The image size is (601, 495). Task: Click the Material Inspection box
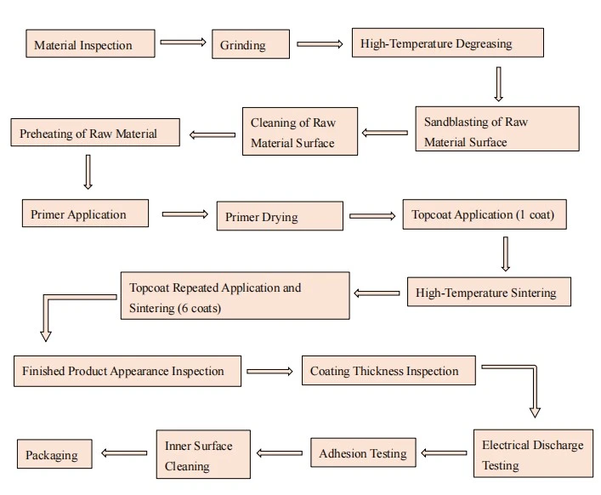click(x=90, y=43)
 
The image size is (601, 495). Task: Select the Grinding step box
click(x=251, y=43)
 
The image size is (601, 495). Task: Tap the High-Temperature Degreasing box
click(x=448, y=43)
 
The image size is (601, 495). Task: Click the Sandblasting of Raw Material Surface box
click(x=497, y=128)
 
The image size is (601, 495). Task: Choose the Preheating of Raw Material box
click(x=95, y=133)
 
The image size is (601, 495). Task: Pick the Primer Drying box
click(x=280, y=216)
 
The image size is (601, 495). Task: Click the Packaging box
click(x=54, y=454)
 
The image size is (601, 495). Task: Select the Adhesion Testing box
click(x=363, y=452)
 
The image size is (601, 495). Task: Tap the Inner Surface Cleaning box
click(x=203, y=454)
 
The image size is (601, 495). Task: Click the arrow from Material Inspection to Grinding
click(x=184, y=43)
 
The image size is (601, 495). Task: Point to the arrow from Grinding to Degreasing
click(x=320, y=44)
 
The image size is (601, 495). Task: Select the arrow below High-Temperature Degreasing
click(x=498, y=84)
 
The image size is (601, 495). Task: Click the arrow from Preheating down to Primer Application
click(x=88, y=172)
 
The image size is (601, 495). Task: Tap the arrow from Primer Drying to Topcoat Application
click(x=372, y=216)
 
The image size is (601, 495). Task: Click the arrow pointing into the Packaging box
click(x=124, y=452)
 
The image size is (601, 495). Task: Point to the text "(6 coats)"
click(x=198, y=308)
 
